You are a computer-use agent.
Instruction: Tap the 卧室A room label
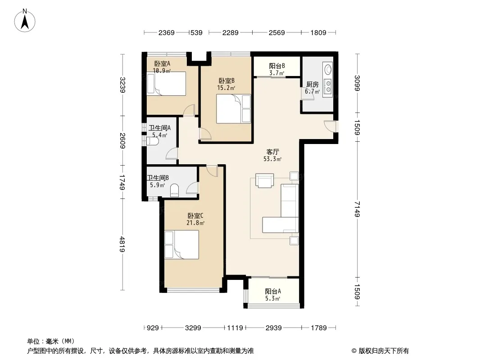point(162,63)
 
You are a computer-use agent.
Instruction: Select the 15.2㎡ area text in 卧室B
point(226,88)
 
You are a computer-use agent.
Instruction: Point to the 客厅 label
point(272,152)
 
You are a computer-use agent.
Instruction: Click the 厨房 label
point(312,85)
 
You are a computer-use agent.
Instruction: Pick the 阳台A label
point(273,292)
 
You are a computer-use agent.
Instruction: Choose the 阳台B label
point(277,66)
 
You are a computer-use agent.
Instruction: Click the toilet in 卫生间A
point(153,141)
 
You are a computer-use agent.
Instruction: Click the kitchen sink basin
point(328,69)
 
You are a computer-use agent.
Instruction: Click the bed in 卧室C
point(181,245)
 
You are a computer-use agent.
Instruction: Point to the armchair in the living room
point(264,180)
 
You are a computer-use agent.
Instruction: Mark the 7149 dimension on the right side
point(357,209)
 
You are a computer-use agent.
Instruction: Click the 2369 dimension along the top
point(166,32)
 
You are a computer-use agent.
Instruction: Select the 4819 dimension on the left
point(122,244)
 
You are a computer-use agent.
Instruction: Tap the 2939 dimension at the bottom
point(273,328)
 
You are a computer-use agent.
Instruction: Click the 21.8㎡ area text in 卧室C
point(195,223)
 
